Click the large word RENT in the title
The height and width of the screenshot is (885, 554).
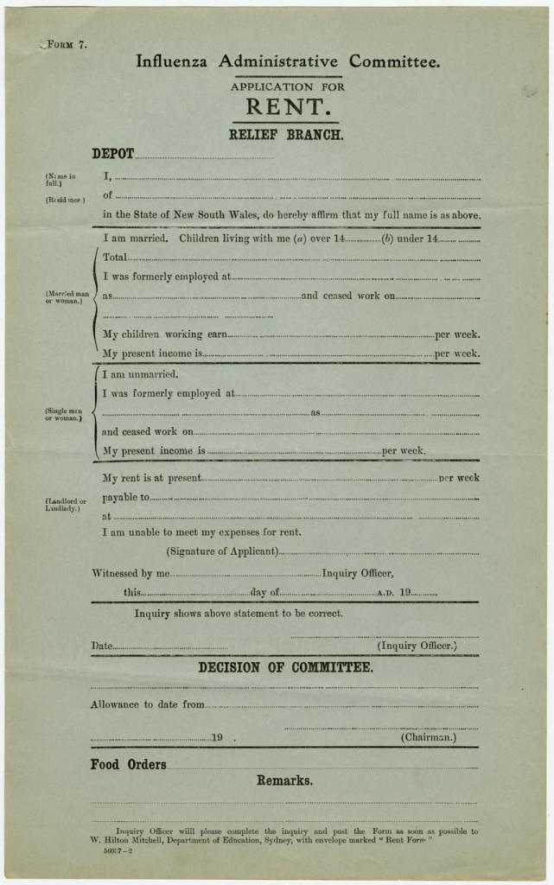pos(288,107)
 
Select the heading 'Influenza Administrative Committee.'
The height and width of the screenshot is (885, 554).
pos(288,61)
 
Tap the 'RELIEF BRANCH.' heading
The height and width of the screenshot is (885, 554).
pos(286,135)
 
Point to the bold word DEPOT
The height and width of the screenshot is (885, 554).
pos(112,154)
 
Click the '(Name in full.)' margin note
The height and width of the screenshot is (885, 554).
pos(60,180)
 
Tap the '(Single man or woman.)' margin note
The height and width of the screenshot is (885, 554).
pos(63,414)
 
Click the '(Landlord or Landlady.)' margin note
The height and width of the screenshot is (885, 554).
pos(66,505)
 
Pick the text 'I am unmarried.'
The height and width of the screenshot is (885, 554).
pos(140,374)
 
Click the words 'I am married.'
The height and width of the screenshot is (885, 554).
pos(135,238)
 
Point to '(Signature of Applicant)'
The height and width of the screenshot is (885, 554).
pos(222,551)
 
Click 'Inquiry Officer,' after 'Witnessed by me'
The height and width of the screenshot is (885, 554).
pos(358,572)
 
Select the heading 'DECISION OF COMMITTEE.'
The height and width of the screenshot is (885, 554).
pos(286,667)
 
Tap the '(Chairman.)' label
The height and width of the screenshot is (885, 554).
pos(428,737)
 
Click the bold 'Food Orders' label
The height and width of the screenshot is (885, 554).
pos(128,764)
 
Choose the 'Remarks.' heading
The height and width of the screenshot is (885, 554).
pos(284,780)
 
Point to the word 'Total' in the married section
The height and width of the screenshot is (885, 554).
pos(115,257)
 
